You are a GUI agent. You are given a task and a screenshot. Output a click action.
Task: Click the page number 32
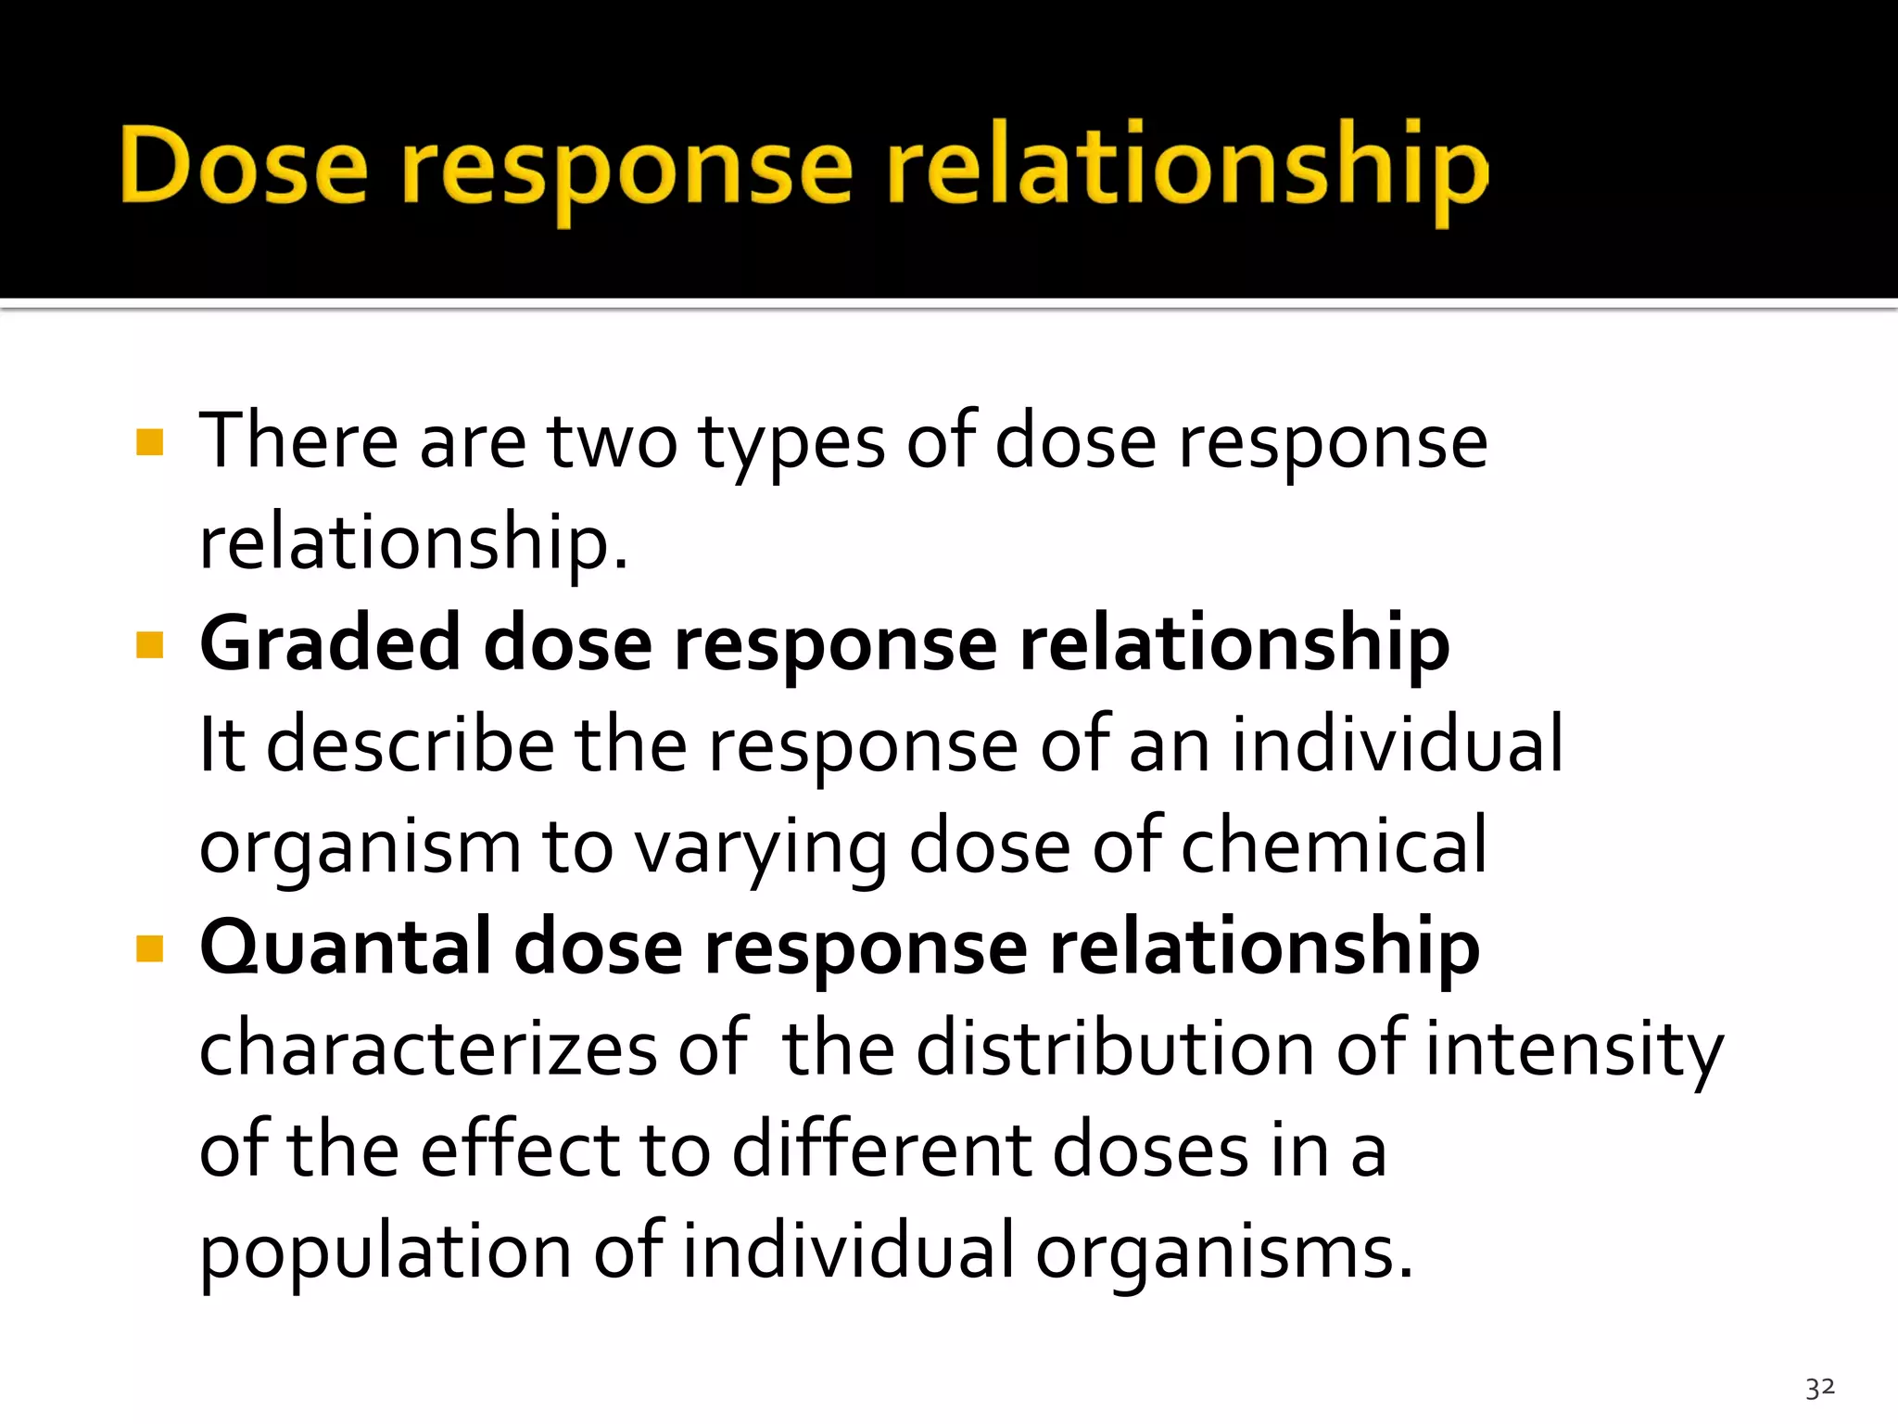coord(1819,1388)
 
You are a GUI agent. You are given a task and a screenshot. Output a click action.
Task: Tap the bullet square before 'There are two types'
coord(149,442)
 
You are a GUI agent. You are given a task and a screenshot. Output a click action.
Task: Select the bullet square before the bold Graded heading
coord(149,644)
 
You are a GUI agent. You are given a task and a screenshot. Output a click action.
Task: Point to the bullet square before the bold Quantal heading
coord(149,948)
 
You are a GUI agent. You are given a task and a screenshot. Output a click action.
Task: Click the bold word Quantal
coord(345,948)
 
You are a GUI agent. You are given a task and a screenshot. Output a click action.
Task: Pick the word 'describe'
coord(411,745)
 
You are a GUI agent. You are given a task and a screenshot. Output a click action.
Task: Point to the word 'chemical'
coord(1334,845)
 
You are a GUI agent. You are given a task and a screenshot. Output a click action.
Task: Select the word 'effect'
coord(520,1151)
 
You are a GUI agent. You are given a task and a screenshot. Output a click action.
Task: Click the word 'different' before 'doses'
coord(880,1151)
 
